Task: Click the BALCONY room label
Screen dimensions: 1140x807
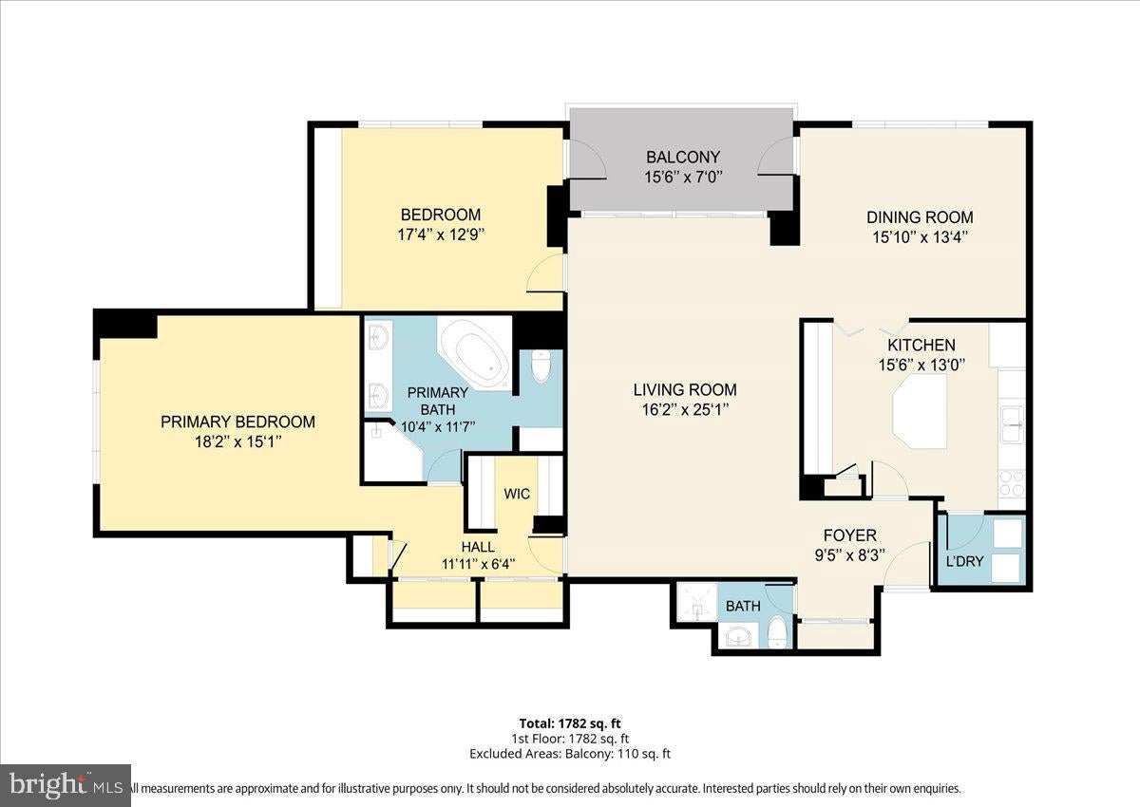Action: (x=683, y=157)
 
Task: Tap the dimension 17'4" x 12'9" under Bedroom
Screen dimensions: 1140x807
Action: (x=441, y=235)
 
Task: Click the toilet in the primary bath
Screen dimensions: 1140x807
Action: (x=541, y=366)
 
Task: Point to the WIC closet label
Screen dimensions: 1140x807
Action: (x=517, y=494)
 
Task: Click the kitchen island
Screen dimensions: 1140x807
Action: (x=920, y=412)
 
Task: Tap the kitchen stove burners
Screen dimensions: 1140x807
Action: (x=1012, y=483)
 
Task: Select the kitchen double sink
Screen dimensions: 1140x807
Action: (x=1012, y=425)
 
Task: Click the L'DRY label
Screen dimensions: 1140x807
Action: (x=965, y=562)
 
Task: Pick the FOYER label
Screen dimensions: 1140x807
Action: (x=850, y=535)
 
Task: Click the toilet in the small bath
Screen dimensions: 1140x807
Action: (x=777, y=632)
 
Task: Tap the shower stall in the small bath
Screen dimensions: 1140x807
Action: (x=697, y=603)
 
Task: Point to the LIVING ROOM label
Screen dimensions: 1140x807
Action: (x=685, y=389)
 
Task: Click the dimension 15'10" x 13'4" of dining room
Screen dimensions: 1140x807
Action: (x=921, y=237)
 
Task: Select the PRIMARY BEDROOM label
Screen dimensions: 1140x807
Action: (x=237, y=422)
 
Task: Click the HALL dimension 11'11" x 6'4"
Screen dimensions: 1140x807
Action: (x=479, y=564)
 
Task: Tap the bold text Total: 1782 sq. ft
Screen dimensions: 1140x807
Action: (x=570, y=723)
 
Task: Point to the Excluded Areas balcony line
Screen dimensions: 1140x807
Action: (x=570, y=753)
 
